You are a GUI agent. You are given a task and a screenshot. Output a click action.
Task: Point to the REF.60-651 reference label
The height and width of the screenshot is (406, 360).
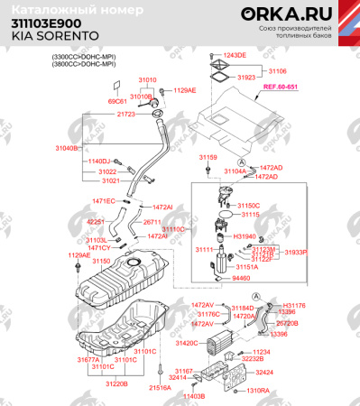coord(281,88)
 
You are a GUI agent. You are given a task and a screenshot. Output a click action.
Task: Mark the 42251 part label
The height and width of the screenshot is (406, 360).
coord(96,221)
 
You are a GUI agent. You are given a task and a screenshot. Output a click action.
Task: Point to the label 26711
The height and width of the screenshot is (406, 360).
coord(152,221)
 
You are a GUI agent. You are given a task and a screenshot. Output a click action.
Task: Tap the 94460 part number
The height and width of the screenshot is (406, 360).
coord(241,279)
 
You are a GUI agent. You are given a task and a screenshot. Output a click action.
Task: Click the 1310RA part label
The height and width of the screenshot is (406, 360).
coord(258,391)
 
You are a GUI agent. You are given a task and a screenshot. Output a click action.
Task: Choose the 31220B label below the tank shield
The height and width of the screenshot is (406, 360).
coord(115,383)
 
